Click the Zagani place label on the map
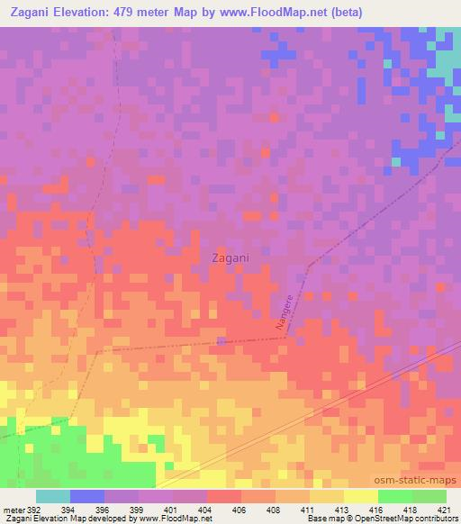pos(230,257)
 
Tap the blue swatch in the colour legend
pos(86,496)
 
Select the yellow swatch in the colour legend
pos(360,496)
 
